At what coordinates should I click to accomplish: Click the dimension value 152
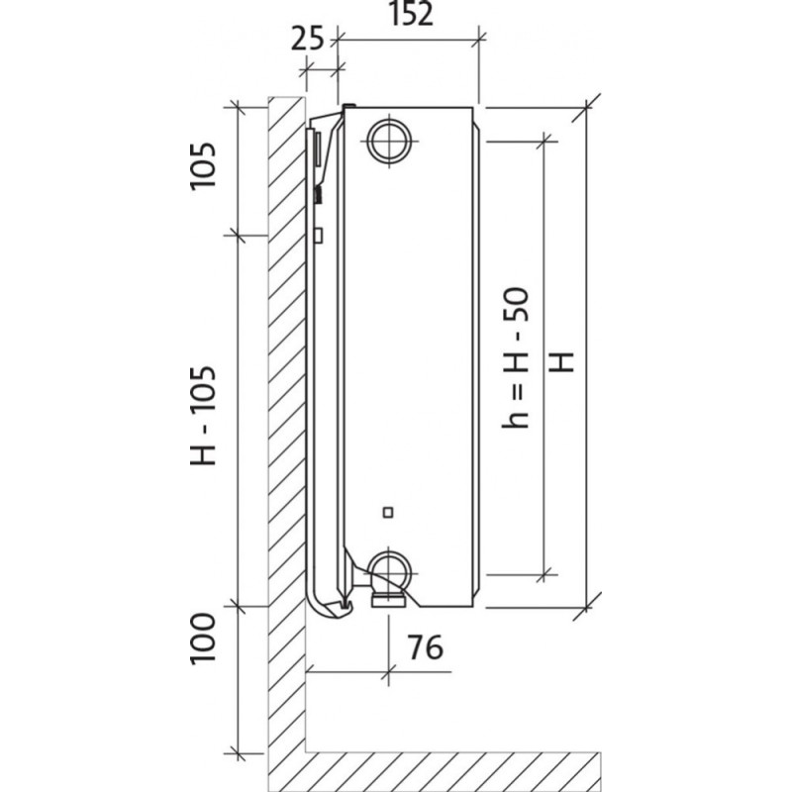coord(412,14)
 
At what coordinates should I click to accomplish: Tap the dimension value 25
coord(307,39)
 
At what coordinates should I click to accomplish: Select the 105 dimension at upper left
coord(203,165)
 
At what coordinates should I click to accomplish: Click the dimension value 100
coord(203,638)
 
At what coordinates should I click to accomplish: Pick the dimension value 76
coord(426,647)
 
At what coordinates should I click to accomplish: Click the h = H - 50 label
coord(515,357)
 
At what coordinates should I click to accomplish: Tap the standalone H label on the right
coord(561,361)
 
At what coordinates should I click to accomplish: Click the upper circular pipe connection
coord(388,141)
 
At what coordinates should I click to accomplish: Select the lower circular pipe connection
coord(388,572)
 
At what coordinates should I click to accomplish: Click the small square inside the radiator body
coord(388,513)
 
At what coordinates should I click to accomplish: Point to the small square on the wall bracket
coord(319,236)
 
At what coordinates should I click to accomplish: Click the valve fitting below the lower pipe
coord(388,601)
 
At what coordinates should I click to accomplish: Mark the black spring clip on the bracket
coord(318,194)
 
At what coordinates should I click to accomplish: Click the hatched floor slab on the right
coord(453,771)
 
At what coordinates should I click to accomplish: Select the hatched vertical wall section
coord(286,444)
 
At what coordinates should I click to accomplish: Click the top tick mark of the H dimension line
coord(586,108)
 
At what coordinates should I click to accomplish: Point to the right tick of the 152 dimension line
coord(478,39)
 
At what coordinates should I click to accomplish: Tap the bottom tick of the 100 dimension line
coord(237,753)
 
